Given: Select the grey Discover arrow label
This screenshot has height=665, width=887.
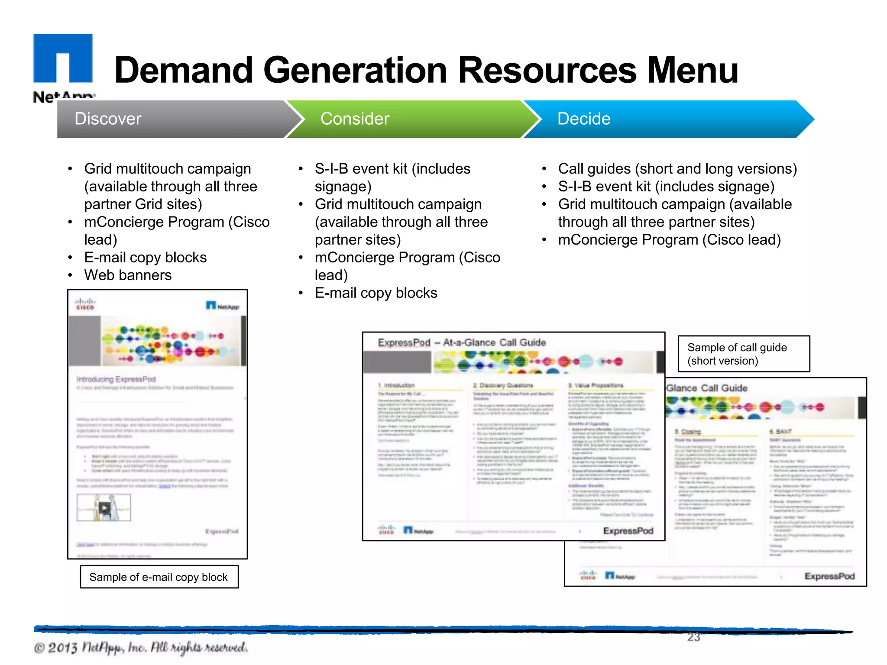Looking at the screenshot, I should tap(108, 119).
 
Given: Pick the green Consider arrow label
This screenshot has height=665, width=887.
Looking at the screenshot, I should tap(355, 119).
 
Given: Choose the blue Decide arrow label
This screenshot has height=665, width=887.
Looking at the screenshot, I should tap(583, 119).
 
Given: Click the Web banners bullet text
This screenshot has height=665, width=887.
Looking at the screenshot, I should tap(128, 275).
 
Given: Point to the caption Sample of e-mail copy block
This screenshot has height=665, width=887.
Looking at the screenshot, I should tap(159, 577).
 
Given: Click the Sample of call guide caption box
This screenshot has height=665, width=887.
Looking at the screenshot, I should tap(743, 354).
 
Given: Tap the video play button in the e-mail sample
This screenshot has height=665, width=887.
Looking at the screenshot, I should tap(104, 507).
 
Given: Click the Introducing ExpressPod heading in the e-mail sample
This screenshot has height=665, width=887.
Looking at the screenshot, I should tap(116, 379).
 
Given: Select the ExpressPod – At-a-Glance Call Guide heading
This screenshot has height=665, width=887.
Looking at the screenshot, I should tap(462, 342).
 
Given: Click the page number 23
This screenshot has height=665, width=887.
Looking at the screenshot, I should tap(693, 637).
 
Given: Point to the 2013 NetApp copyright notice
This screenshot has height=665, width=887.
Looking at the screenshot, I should tap(141, 648).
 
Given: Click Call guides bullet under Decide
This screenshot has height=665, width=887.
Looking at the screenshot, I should tap(677, 168).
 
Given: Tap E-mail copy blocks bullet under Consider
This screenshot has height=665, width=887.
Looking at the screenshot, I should tap(376, 293).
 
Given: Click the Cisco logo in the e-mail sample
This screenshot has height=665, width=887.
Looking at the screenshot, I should tap(85, 304).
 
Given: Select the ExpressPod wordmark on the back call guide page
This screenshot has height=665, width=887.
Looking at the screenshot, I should tap(829, 576).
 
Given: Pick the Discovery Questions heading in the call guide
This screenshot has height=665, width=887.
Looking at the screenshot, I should tap(503, 385).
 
